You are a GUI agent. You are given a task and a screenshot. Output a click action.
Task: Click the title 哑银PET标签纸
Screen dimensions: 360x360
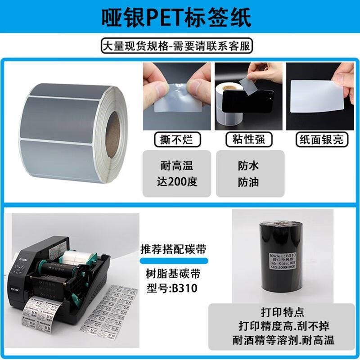(x=180, y=17)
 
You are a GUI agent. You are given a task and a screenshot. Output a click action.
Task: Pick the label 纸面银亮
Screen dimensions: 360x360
(x=321, y=139)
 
